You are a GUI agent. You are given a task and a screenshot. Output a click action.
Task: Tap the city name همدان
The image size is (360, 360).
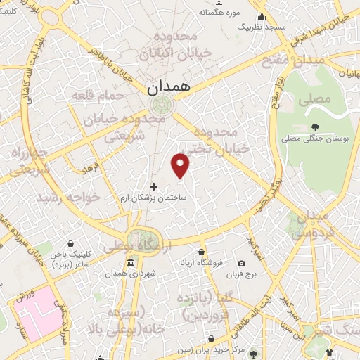pos(169,88)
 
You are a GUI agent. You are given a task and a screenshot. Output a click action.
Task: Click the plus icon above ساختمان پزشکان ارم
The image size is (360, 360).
pos(154,186)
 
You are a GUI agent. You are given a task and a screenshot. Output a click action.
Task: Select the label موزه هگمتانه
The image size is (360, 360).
pos(219,12)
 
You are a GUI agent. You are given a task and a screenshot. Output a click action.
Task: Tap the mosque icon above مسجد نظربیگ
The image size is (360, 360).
pos(262,16)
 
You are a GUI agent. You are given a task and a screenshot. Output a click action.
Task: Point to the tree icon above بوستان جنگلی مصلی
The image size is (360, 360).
pos(314,127)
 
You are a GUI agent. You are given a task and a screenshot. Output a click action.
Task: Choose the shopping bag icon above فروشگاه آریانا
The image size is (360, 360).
pos(202,252)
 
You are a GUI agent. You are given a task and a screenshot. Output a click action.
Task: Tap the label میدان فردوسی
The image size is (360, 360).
pos(309,226)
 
